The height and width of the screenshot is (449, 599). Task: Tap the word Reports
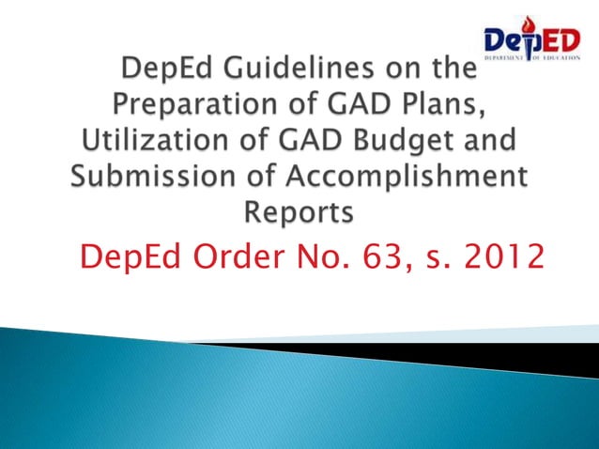click(x=299, y=213)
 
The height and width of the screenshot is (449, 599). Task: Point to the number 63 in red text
click(x=379, y=255)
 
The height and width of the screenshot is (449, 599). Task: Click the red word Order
click(x=223, y=255)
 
